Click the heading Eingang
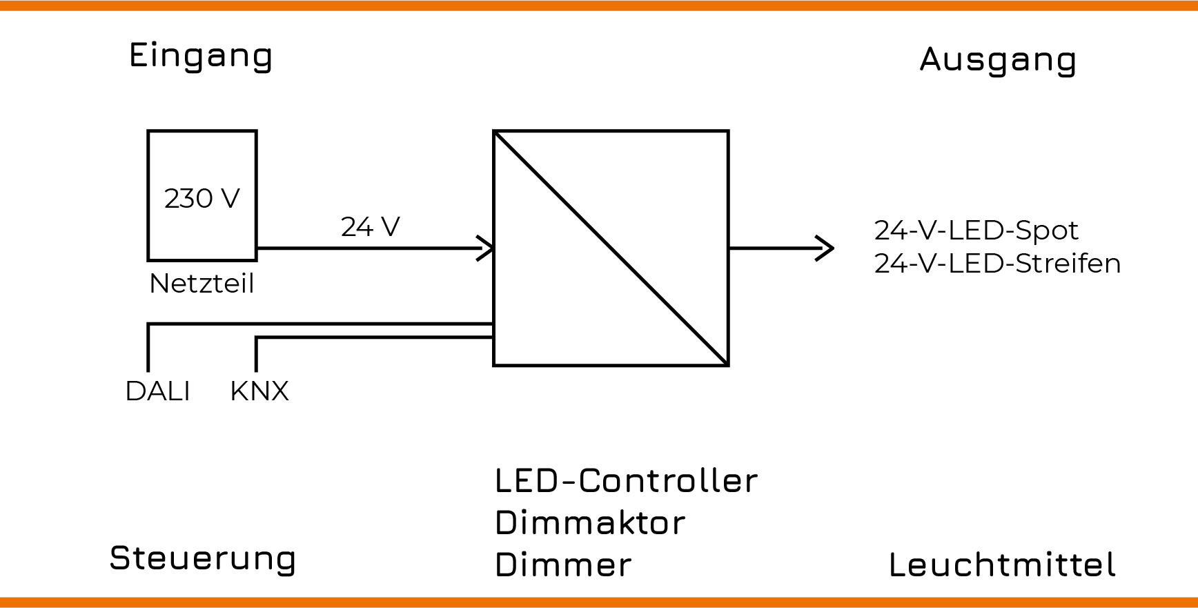coord(201,55)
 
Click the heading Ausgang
coord(998,60)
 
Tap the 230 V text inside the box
coord(202,199)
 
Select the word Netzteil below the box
coord(202,284)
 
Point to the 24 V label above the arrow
coord(370,227)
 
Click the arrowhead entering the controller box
coord(487,248)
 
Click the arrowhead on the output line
coord(825,248)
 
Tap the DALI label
coord(157,391)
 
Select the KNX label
coord(259,391)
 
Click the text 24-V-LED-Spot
coord(976,231)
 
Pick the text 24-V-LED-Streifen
coord(997,264)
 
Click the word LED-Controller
coord(626,481)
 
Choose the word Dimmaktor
coord(590,523)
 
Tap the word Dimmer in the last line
coord(563,565)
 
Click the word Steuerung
coord(203,558)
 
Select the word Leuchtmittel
coord(1002,565)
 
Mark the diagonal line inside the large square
coord(611,248)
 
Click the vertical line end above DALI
coord(148,367)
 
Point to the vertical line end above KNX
coord(256,367)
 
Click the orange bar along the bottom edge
coord(599,602)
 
